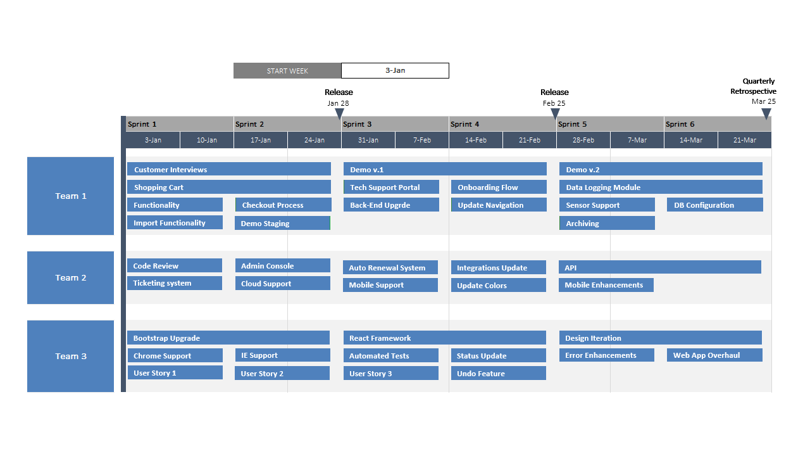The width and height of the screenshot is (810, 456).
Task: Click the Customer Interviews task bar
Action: coord(228,169)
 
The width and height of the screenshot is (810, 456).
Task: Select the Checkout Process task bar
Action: coord(283,205)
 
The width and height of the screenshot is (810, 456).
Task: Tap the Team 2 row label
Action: coord(70,277)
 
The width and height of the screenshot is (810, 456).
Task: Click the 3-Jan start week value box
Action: coord(395,70)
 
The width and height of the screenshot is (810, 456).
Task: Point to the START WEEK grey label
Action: coord(287,71)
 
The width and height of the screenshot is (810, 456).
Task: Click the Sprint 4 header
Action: coord(502,124)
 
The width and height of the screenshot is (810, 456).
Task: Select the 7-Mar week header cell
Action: coord(637,140)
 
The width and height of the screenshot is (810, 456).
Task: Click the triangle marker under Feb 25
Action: coord(555,113)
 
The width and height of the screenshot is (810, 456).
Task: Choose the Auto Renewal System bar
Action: coord(390,267)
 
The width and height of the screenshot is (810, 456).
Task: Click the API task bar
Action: coord(659,267)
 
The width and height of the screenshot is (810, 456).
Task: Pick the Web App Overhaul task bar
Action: coord(714,355)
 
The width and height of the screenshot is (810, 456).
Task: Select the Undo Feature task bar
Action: coord(498,373)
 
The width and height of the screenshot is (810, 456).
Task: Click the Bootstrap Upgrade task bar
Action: coord(228,338)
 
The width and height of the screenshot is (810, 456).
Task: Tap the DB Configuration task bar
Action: coord(714,205)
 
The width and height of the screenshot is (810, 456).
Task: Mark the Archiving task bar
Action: coord(607,223)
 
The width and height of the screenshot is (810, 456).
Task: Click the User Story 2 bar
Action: coord(282,373)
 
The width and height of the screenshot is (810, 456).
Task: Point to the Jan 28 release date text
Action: coord(338,103)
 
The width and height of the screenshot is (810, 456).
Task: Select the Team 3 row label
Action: coord(70,356)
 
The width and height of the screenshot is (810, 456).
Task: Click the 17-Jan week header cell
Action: coord(261,140)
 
